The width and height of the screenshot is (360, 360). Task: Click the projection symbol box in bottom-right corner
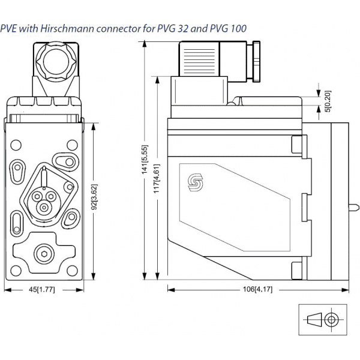point(322,319)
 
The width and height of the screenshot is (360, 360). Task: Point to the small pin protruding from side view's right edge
point(354,208)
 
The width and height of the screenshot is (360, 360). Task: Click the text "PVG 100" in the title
point(230,28)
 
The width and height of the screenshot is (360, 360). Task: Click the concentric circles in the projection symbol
point(331,319)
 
